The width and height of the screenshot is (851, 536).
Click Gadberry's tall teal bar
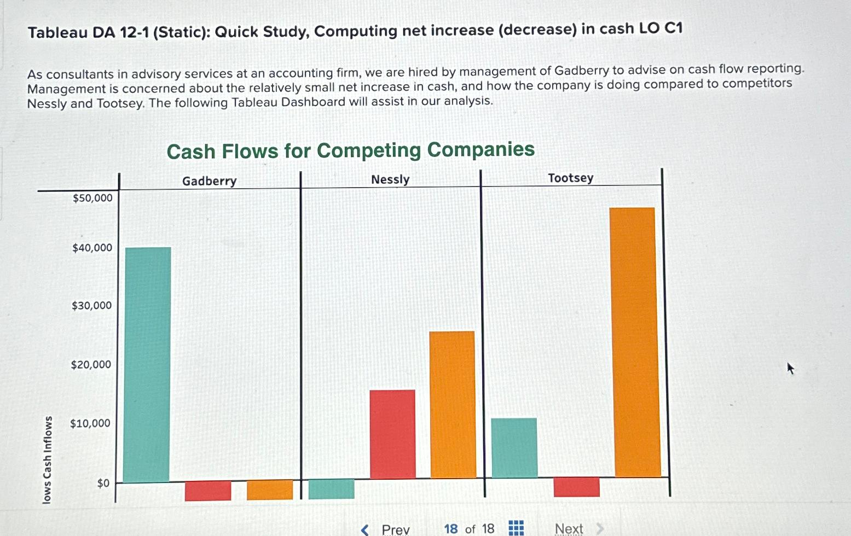tap(147, 364)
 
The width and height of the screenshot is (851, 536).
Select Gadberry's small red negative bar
tap(208, 491)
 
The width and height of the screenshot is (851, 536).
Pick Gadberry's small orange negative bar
tap(270, 490)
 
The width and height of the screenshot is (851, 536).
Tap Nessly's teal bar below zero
tap(331, 488)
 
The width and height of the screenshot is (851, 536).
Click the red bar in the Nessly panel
tap(392, 434)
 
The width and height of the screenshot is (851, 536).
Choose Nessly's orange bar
tap(453, 405)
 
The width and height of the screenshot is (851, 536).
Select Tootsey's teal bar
tap(514, 448)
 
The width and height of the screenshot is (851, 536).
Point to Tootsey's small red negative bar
tap(576, 487)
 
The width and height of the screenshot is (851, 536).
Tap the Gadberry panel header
tap(209, 181)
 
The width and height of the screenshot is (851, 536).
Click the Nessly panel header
tap(390, 179)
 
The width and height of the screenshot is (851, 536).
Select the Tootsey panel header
tap(571, 178)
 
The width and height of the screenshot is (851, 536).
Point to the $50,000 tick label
tap(92, 198)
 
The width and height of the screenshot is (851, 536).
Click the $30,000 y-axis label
tap(91, 306)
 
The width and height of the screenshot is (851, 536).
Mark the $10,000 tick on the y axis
tap(90, 423)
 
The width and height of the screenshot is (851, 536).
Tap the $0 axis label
tap(103, 483)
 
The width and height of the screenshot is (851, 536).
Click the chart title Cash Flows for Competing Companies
tap(350, 150)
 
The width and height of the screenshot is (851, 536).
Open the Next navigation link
tap(569, 528)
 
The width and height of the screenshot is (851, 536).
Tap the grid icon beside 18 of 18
tap(516, 528)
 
